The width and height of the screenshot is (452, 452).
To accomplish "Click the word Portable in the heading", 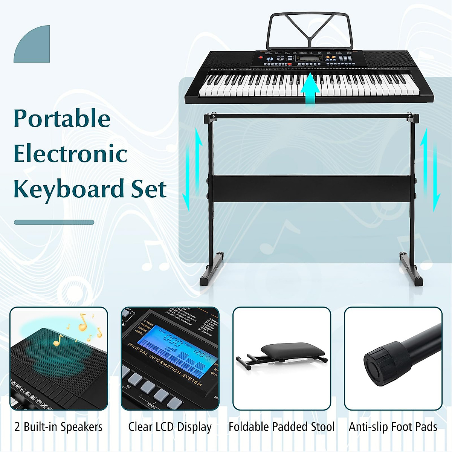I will tap(62, 119).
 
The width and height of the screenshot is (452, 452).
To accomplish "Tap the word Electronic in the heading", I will tap(70, 154).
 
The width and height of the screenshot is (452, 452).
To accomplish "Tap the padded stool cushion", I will tap(293, 350).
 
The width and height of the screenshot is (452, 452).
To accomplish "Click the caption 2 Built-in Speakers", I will tap(58, 427).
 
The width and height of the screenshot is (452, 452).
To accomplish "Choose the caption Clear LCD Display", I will tap(170, 427).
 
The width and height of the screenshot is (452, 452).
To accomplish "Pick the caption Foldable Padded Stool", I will tap(281, 427).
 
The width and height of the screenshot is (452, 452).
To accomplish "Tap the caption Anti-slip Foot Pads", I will tap(393, 427).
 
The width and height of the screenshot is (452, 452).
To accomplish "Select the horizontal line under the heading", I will tap(54, 222).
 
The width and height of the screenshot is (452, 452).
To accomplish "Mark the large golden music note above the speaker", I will tap(82, 322).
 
